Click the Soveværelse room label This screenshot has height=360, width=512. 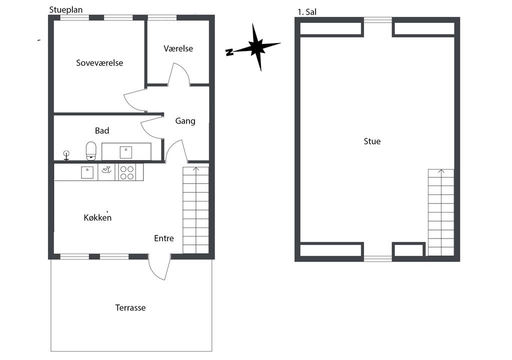pyautogui.click(x=99, y=62)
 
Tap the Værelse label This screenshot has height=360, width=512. pyautogui.click(x=178, y=48)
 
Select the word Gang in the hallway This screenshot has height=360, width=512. pyautogui.click(x=185, y=121)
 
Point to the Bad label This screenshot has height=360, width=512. pyautogui.click(x=102, y=130)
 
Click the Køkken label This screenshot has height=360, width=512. pyautogui.click(x=97, y=217)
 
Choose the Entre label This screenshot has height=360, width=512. pyautogui.click(x=164, y=238)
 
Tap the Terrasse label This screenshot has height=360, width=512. pyautogui.click(x=130, y=307)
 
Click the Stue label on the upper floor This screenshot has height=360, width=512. pyautogui.click(x=372, y=141)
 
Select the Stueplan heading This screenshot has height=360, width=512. pyautogui.click(x=66, y=10)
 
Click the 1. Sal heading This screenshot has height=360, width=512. pyautogui.click(x=307, y=12)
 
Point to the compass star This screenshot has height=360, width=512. pyautogui.click(x=258, y=47)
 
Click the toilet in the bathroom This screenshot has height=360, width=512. pyautogui.click(x=91, y=151)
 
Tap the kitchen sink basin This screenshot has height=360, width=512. pyautogui.click(x=87, y=172)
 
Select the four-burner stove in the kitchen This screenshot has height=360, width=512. pyautogui.click(x=127, y=172)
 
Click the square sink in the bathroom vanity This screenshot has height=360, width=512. pyautogui.click(x=125, y=152)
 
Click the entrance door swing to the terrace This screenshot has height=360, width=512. pyautogui.click(x=159, y=267)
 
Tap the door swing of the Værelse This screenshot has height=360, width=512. pyautogui.click(x=179, y=74)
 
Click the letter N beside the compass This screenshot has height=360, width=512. pyautogui.click(x=229, y=52)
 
